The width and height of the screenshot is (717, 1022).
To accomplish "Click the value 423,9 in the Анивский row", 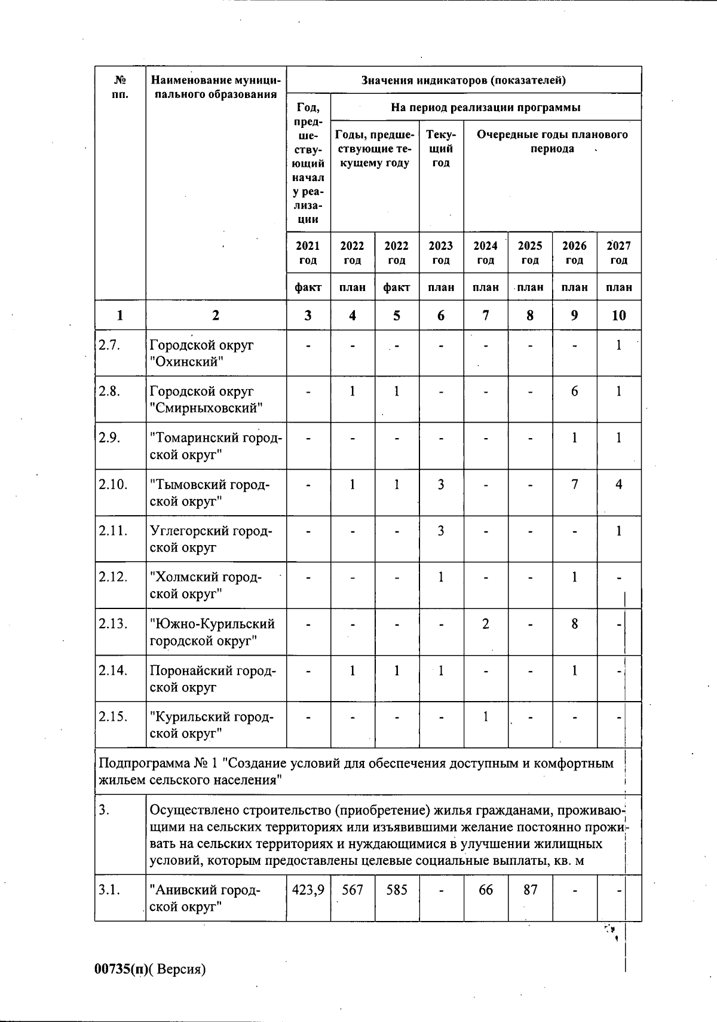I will click(x=308, y=890).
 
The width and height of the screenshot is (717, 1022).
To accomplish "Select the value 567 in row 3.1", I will click(x=353, y=890).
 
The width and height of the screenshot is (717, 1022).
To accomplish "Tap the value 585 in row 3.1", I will click(x=397, y=890).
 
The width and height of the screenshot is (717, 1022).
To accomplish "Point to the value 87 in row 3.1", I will click(x=530, y=890).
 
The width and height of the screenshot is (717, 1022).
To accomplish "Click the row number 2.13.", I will click(x=113, y=624).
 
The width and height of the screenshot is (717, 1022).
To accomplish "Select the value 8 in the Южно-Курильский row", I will click(x=574, y=624).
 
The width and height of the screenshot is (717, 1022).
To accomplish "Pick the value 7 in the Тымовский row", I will click(x=574, y=484).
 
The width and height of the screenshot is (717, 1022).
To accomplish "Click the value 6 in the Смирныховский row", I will click(x=574, y=391).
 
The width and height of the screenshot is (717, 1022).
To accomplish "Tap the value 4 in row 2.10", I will click(x=619, y=484).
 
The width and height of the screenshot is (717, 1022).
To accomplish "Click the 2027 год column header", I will click(x=619, y=253).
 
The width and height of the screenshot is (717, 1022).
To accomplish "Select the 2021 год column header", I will click(x=308, y=253).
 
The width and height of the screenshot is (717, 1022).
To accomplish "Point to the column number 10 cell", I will click(x=619, y=315).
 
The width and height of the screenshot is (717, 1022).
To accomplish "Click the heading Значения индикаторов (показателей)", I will click(x=464, y=80).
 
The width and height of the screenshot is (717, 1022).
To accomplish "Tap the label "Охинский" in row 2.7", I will click(x=186, y=362).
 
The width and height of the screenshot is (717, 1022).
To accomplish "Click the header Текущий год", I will click(x=441, y=148).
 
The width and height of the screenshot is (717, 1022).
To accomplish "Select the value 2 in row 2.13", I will click(x=486, y=624).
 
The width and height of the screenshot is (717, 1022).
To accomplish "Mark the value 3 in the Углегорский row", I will click(x=441, y=531).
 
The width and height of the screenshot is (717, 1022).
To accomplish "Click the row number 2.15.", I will click(x=113, y=717).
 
